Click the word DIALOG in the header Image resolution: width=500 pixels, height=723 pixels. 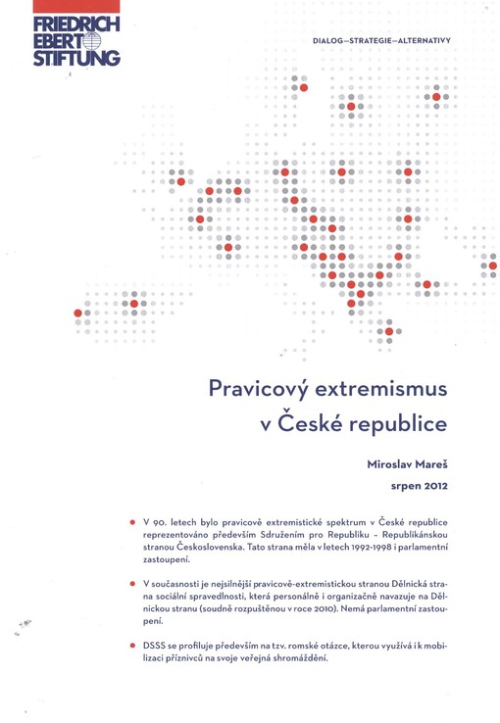pos(330,42)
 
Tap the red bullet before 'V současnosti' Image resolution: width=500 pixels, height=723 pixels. pos(132,583)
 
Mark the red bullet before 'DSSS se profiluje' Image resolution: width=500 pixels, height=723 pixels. pos(132,646)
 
